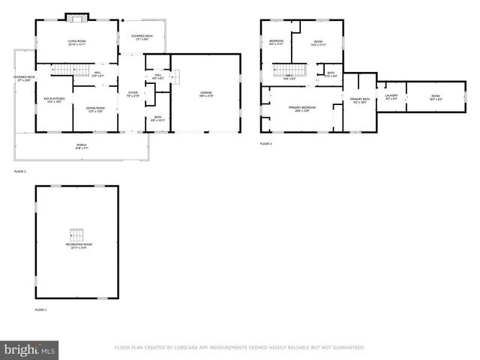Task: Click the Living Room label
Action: point(76,43)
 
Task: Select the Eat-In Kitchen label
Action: point(54,100)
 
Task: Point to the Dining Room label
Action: point(94,109)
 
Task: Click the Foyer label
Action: point(132,94)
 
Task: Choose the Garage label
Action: point(205,94)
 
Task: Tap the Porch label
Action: point(81,146)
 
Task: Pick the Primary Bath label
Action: point(359,100)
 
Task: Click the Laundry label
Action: point(391,97)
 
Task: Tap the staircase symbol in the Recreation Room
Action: point(76,233)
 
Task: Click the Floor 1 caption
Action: point(40,310)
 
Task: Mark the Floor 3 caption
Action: point(266,143)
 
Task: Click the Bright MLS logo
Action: point(30,349)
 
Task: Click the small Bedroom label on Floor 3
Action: point(276,43)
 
